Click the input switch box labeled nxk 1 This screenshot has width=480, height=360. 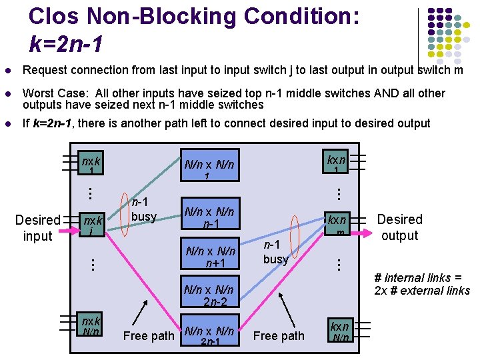pyautogui.click(x=91, y=165)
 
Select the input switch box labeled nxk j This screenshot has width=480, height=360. pyautogui.click(x=91, y=225)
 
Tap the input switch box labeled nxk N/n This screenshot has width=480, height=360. pyautogui.click(x=91, y=326)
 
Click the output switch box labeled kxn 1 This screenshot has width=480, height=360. pyautogui.click(x=336, y=164)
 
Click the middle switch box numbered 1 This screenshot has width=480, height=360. pyautogui.click(x=209, y=168)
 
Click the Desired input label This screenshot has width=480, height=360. pyautogui.click(x=38, y=227)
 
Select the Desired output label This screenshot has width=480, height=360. pyautogui.click(x=399, y=227)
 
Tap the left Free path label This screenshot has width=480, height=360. pyautogui.click(x=148, y=335)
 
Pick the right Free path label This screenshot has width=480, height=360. pyautogui.click(x=279, y=335)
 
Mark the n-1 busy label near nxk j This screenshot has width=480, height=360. pyautogui.click(x=143, y=209)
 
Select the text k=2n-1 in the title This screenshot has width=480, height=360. pyautogui.click(x=66, y=44)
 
